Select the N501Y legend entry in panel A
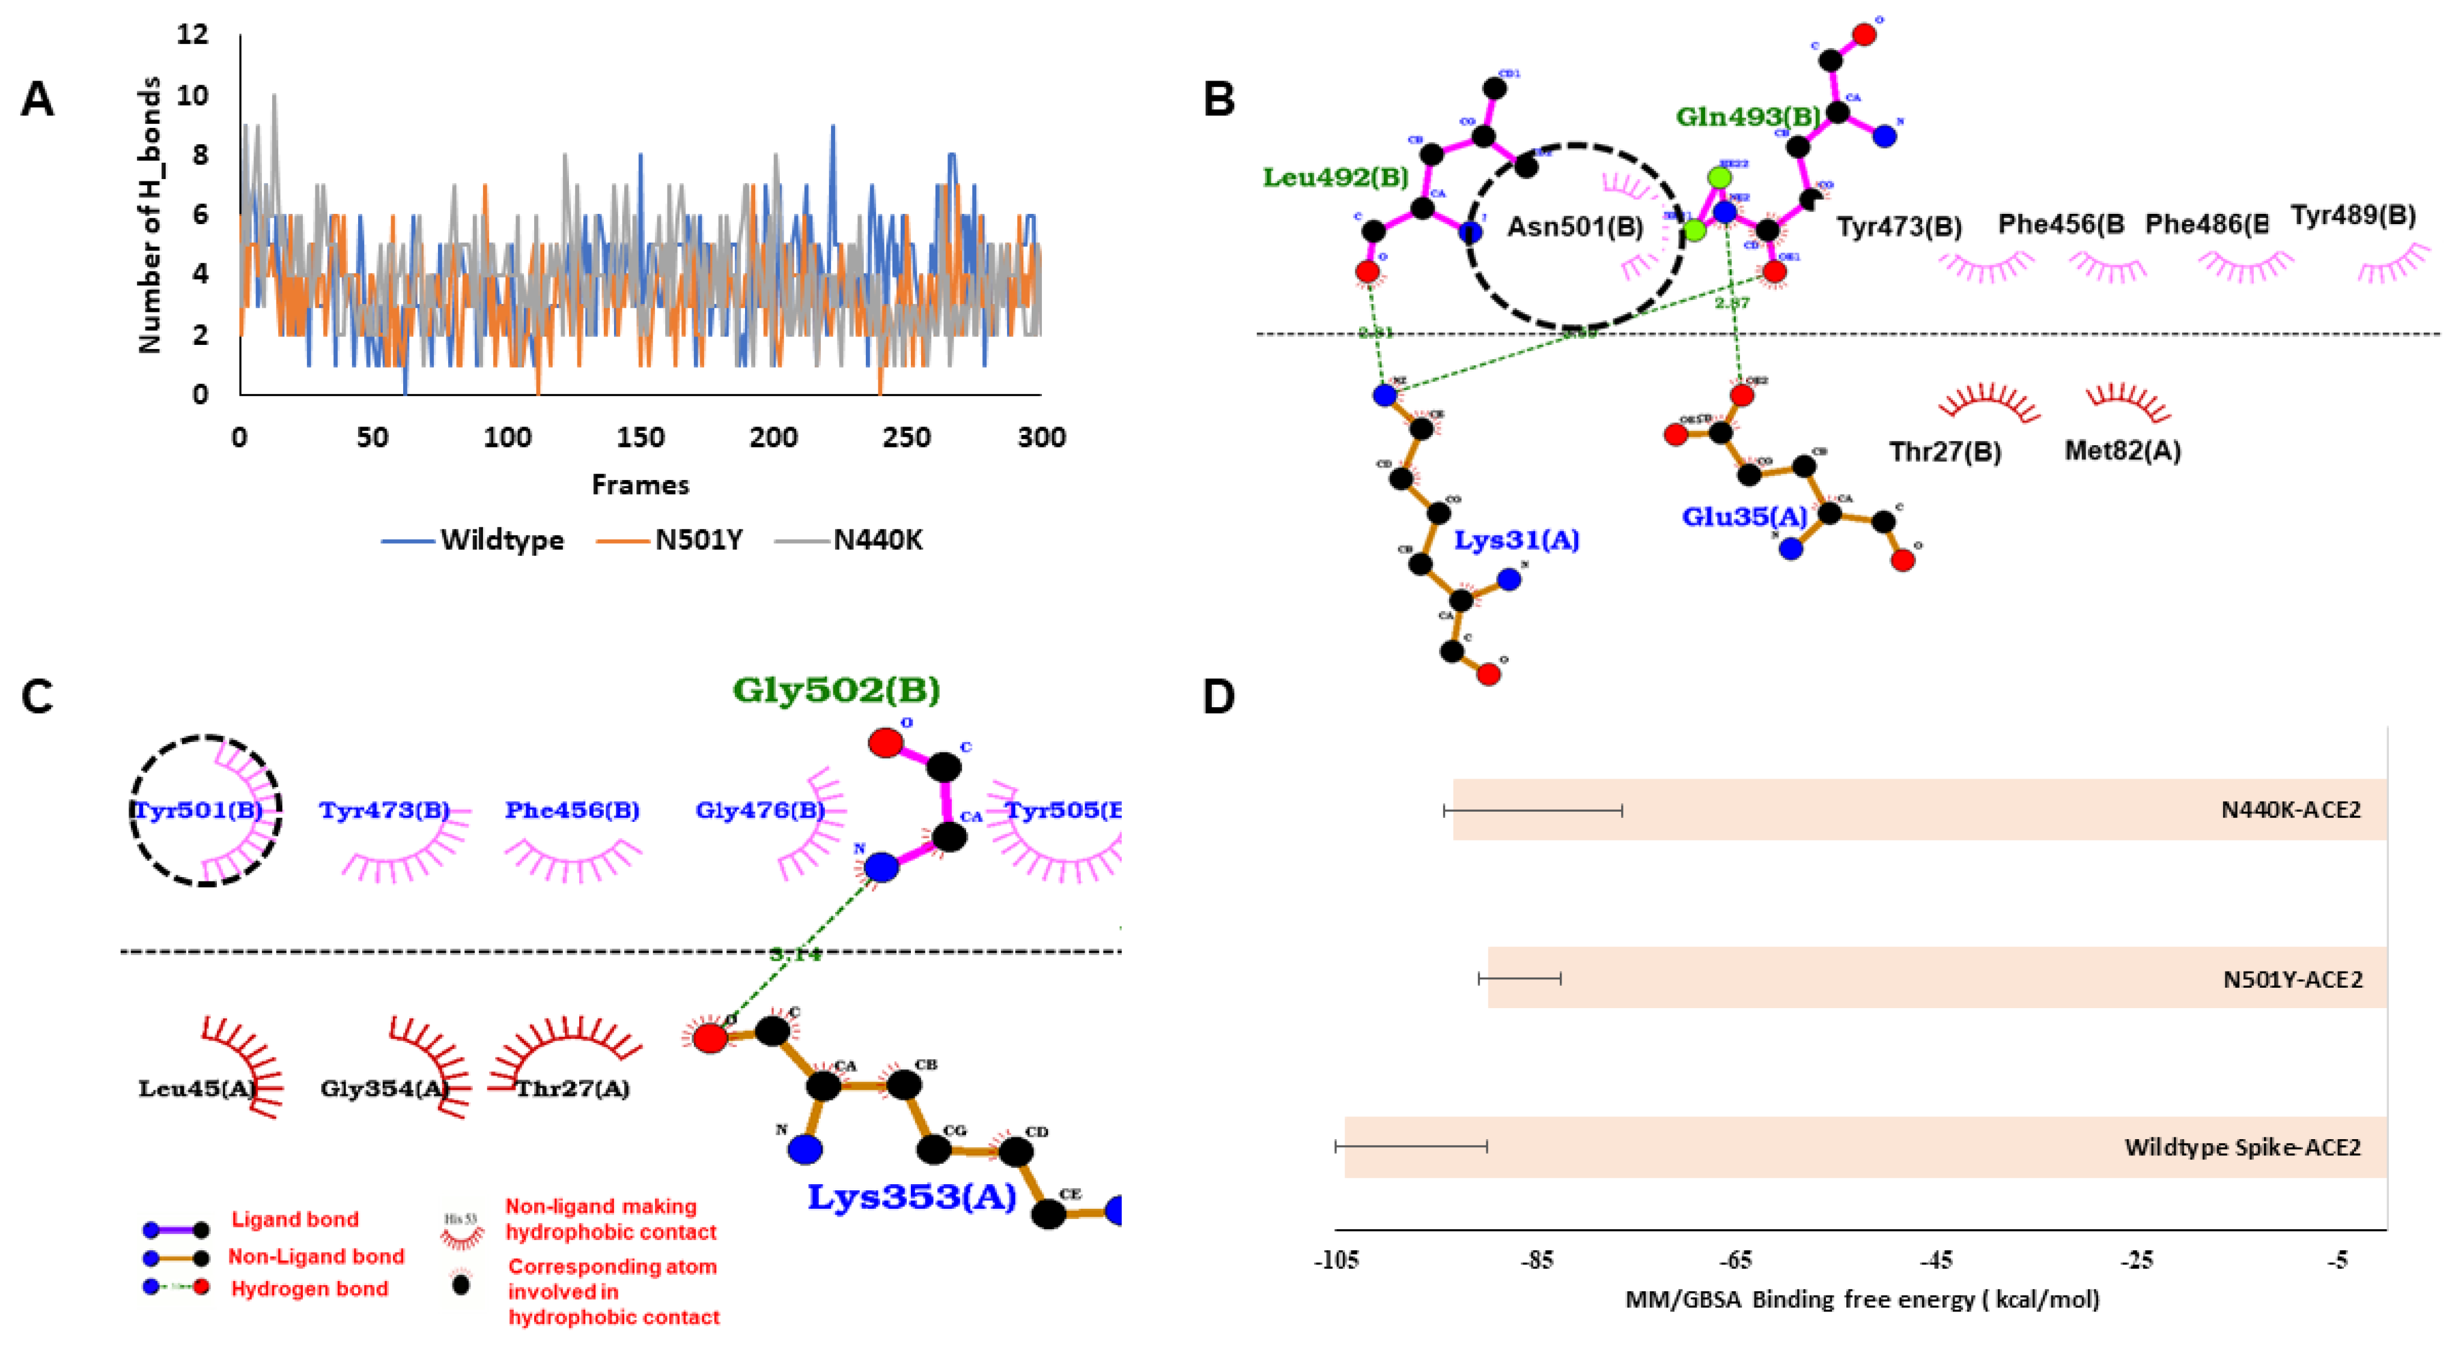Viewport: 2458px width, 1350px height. coord(698,540)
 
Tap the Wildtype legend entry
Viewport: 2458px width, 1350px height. coord(501,540)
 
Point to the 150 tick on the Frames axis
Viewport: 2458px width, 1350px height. coord(639,437)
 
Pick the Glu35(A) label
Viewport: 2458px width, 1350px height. coord(1743,516)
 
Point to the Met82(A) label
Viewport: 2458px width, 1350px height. coord(2122,451)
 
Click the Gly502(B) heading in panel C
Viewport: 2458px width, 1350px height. coord(836,689)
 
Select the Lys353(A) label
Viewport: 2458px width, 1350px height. coord(911,1196)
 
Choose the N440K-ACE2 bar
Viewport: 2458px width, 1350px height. coord(1918,809)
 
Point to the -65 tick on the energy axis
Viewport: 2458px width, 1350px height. coord(1736,1260)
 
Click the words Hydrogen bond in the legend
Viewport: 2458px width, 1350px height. coord(309,1289)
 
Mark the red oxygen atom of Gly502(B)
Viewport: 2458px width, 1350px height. coord(884,742)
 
